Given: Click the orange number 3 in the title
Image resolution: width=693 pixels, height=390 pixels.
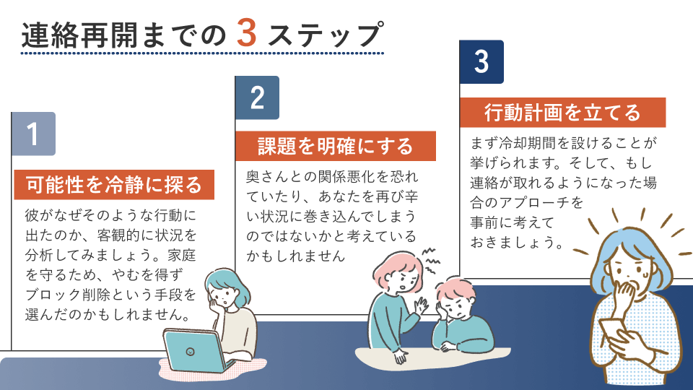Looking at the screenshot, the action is pos(247,33).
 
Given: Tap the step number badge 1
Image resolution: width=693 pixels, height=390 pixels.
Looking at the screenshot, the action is pos(34,134).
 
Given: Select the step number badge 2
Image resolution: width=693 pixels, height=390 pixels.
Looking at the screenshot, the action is pos(257,97).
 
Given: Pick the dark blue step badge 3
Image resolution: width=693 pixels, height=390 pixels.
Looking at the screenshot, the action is pos(481,62).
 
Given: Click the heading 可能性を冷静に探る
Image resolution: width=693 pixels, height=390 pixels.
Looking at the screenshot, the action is pos(114,185).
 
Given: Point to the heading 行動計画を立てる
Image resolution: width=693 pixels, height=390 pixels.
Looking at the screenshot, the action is pos(562,113).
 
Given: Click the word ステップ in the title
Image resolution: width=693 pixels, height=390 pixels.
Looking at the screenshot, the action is pos(326,35).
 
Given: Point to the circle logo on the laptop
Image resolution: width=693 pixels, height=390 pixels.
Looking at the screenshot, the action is pos(190,352).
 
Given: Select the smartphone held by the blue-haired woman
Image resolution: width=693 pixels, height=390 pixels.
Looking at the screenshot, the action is pos(612,329).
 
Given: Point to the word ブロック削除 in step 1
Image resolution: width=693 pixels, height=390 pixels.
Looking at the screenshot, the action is pos(70,295).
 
